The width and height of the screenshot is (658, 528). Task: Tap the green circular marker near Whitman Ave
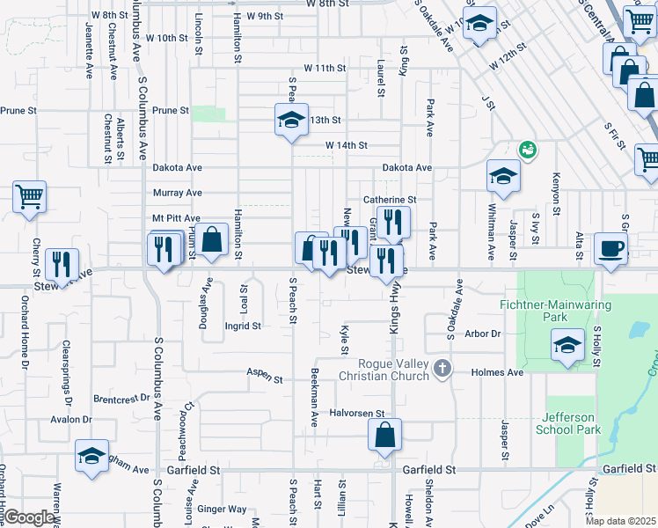[528, 150]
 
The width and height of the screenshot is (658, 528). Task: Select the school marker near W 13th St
[290, 121]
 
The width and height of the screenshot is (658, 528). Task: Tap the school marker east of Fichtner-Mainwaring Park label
[568, 345]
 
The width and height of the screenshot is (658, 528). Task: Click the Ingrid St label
[244, 326]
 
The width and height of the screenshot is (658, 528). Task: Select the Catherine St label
[390, 200]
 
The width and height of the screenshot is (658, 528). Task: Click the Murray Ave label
[178, 193]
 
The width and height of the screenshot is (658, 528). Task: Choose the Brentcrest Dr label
[122, 398]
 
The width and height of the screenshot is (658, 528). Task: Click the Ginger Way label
[222, 509]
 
